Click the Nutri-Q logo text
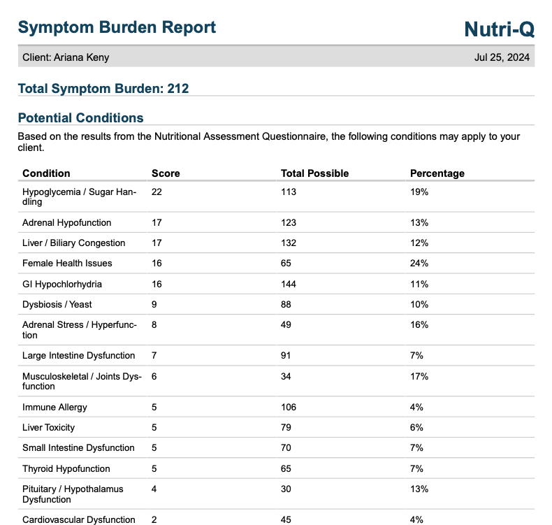pyautogui.click(x=499, y=29)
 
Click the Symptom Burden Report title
pyautogui.click(x=117, y=27)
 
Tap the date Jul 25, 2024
pyautogui.click(x=502, y=57)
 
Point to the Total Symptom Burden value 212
pyautogui.click(x=177, y=89)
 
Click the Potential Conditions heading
pyautogui.click(x=80, y=117)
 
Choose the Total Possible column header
pyautogui.click(x=314, y=173)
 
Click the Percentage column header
pyautogui.click(x=437, y=173)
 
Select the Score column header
pyautogui.click(x=166, y=173)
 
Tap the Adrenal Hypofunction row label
pyautogui.click(x=67, y=222)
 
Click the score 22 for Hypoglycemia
pyautogui.click(x=157, y=192)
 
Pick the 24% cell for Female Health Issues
pyautogui.click(x=419, y=263)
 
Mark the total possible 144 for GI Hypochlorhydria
pyautogui.click(x=289, y=284)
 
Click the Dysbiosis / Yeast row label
pyautogui.click(x=57, y=304)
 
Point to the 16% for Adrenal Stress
pyautogui.click(x=419, y=324)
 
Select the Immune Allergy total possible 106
pyautogui.click(x=289, y=407)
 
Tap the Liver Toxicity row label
pyautogui.click(x=49, y=427)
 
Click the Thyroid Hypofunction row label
pyautogui.click(x=66, y=468)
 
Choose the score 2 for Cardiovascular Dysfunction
pyautogui.click(x=154, y=519)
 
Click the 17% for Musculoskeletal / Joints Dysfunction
pyautogui.click(x=419, y=376)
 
